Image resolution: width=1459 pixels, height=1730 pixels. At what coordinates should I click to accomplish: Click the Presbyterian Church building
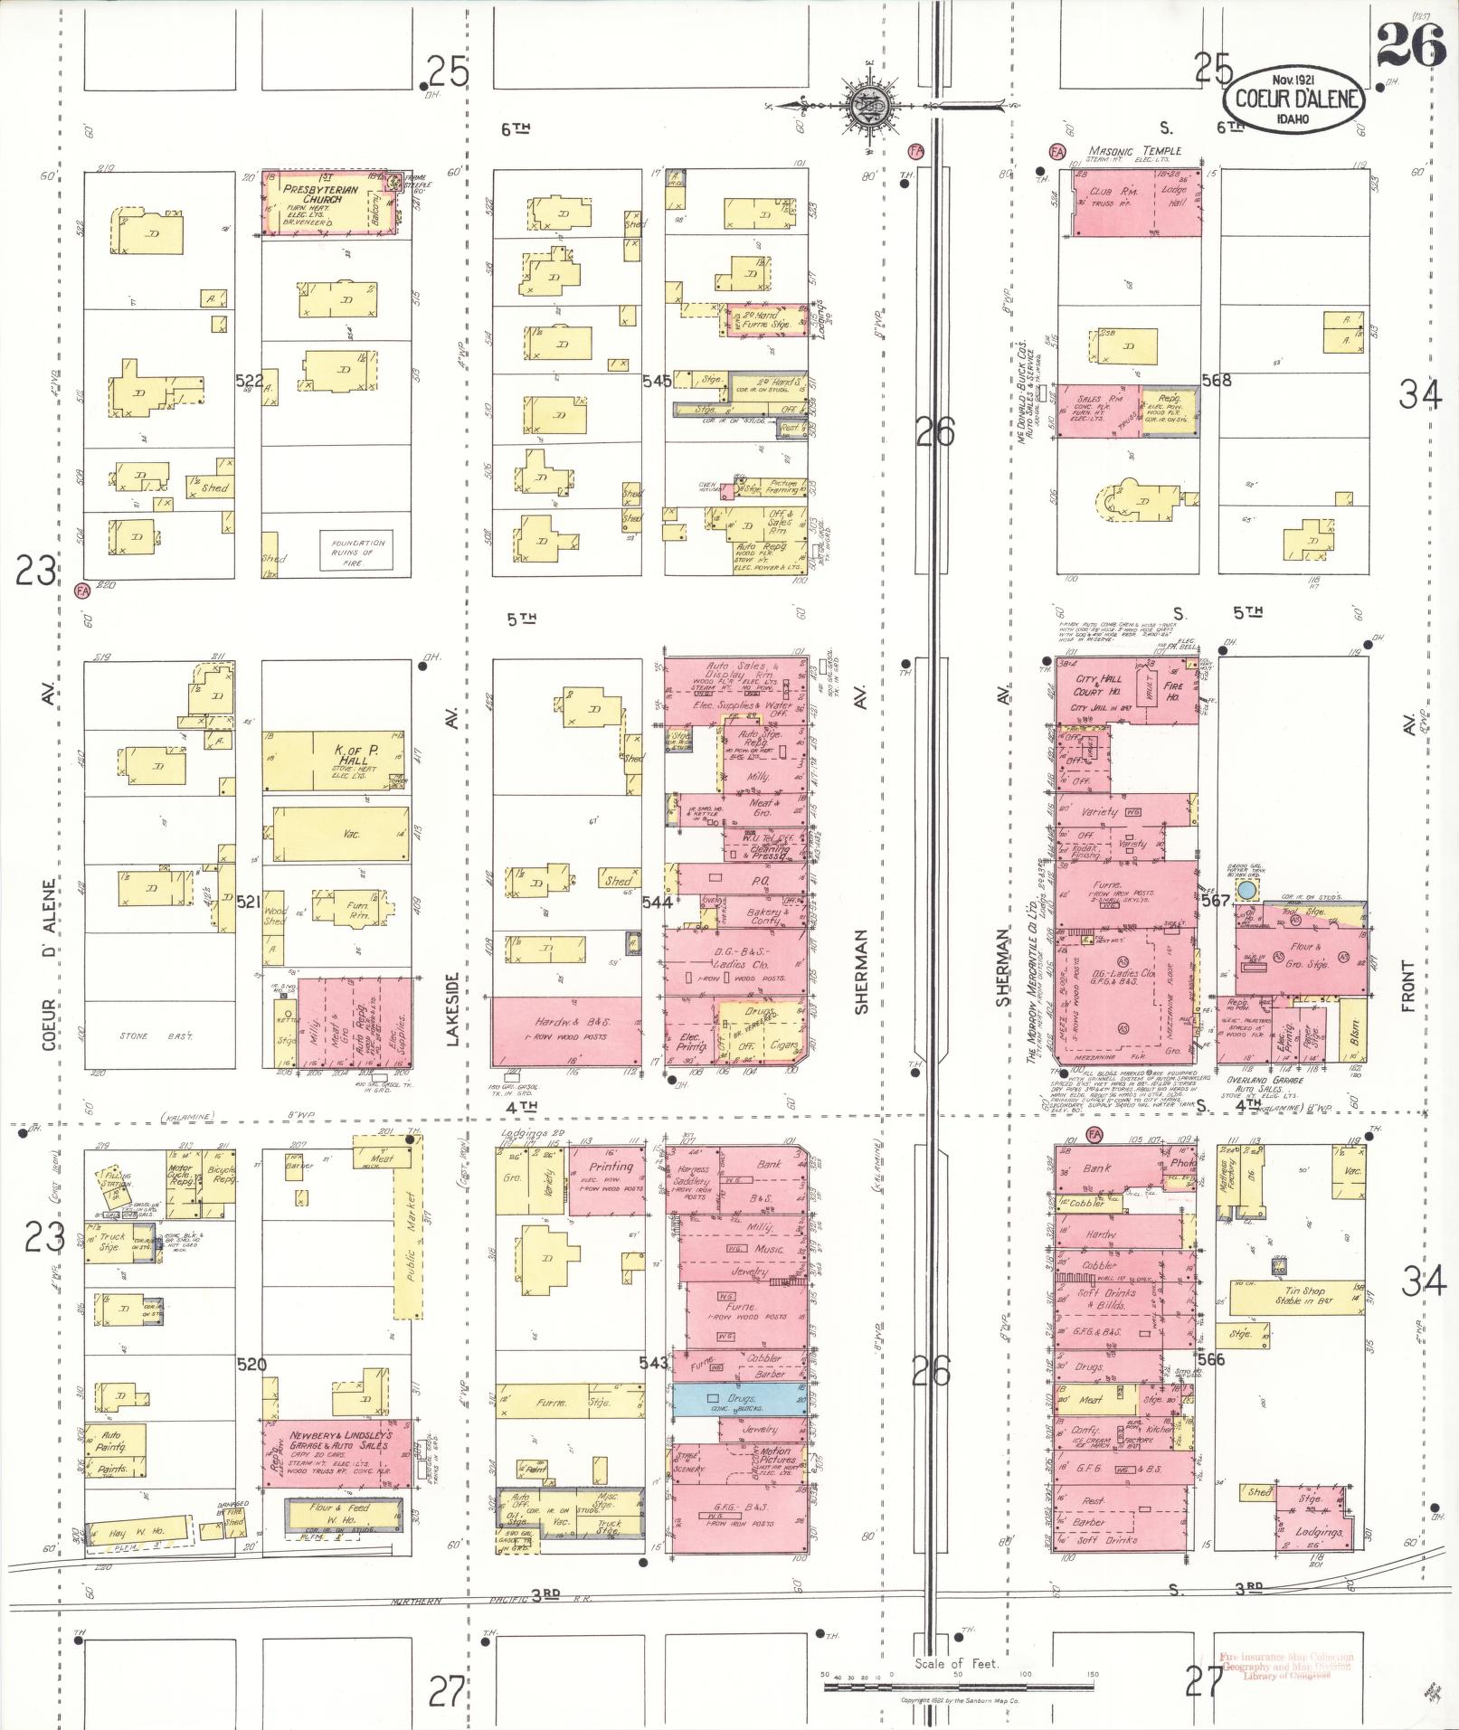pyautogui.click(x=331, y=203)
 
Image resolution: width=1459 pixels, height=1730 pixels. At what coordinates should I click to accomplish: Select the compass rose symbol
pyautogui.click(x=867, y=103)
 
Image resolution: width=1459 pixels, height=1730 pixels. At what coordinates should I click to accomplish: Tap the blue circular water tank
pyautogui.click(x=1247, y=891)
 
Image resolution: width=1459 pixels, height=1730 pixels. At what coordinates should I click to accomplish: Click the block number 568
pyautogui.click(x=1217, y=381)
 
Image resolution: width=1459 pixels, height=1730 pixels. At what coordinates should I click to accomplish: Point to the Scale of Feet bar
pyautogui.click(x=959, y=1674)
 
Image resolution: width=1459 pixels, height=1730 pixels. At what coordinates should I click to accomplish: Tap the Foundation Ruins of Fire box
pyautogui.click(x=355, y=552)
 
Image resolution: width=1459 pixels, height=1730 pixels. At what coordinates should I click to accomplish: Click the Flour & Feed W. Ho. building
pyautogui.click(x=343, y=1514)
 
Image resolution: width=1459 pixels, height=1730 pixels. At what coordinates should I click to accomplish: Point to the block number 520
pyautogui.click(x=252, y=1364)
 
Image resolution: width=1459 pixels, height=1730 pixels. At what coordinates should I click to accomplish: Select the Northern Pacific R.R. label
pyautogui.click(x=479, y=1602)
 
